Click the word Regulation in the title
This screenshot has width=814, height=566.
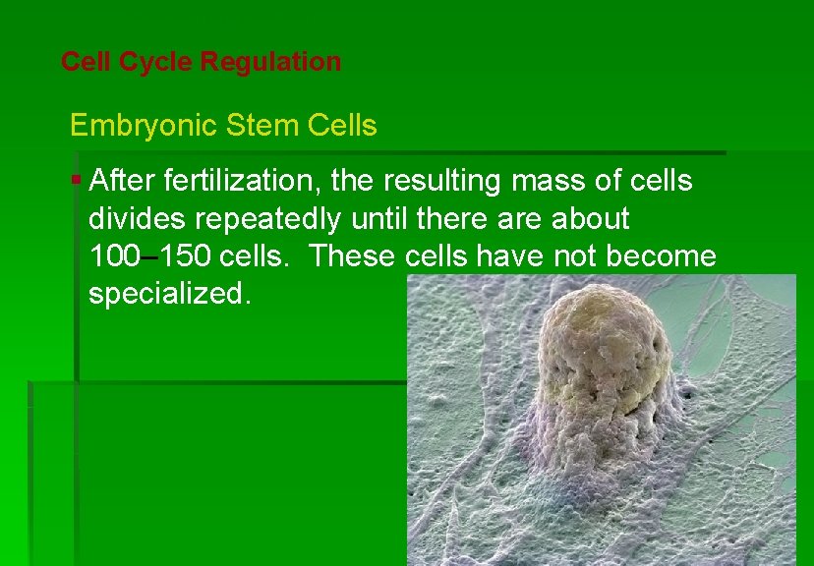point(270,62)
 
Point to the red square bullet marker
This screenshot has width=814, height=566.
point(77,179)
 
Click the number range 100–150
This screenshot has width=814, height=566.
point(150,255)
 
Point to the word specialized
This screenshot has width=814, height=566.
point(170,294)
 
